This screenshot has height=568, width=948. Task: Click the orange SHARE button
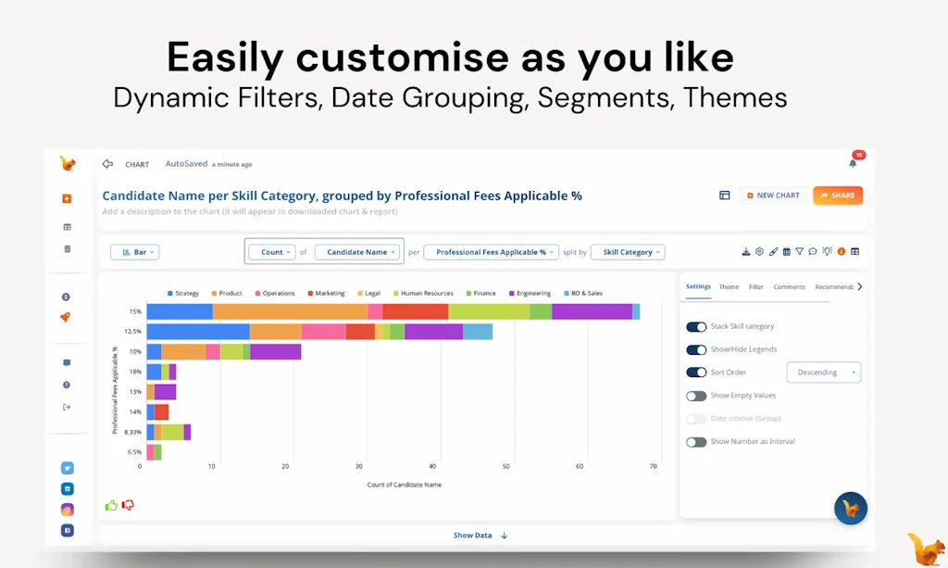pyautogui.click(x=838, y=196)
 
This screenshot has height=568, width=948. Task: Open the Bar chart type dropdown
pyautogui.click(x=134, y=252)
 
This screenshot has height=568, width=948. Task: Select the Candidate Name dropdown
pyautogui.click(x=356, y=252)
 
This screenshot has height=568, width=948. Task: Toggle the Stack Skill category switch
pyautogui.click(x=696, y=327)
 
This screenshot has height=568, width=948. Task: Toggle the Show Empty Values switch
pyautogui.click(x=696, y=396)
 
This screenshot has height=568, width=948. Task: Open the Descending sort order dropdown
pyautogui.click(x=823, y=372)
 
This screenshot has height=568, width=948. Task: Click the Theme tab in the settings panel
pyautogui.click(x=729, y=287)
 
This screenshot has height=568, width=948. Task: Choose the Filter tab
pyautogui.click(x=756, y=287)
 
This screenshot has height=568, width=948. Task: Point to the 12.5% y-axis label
pyautogui.click(x=132, y=332)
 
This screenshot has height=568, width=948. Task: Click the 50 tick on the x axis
pyautogui.click(x=505, y=466)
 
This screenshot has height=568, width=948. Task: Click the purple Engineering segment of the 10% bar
pyautogui.click(x=275, y=352)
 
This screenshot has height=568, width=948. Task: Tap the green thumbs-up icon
pyautogui.click(x=111, y=505)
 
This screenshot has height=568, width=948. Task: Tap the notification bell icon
pyautogui.click(x=853, y=163)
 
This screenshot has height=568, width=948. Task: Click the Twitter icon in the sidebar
pyautogui.click(x=68, y=468)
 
